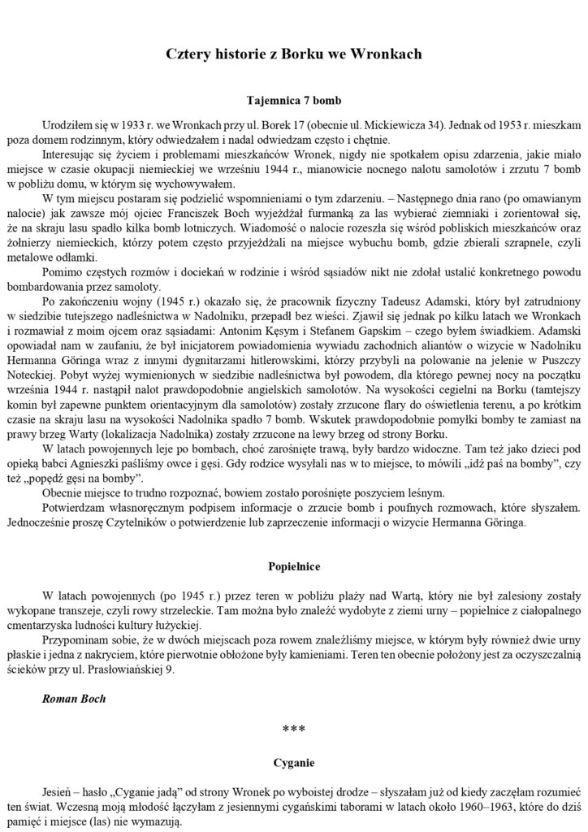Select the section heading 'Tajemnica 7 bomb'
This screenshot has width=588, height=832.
[293, 102]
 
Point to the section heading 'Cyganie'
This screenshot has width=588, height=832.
[293, 764]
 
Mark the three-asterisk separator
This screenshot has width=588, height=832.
[293, 730]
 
